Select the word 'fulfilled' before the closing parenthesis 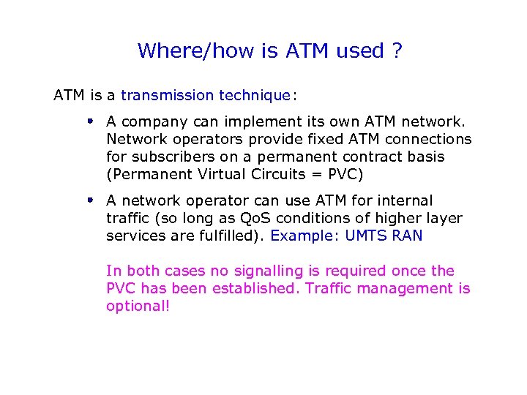coord(233,236)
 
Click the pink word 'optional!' coord(138,306)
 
